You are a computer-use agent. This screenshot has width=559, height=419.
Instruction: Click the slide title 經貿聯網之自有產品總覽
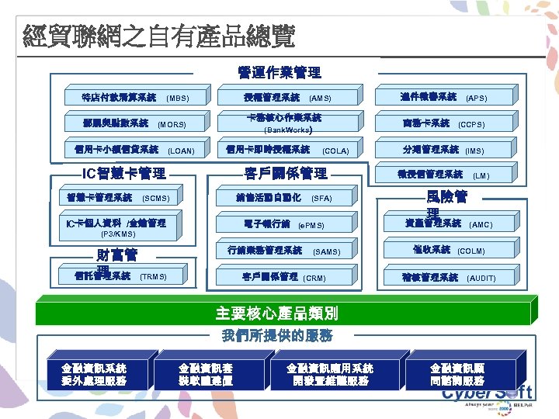click(x=159, y=35)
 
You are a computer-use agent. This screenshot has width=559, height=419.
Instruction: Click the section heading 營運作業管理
click(x=279, y=73)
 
